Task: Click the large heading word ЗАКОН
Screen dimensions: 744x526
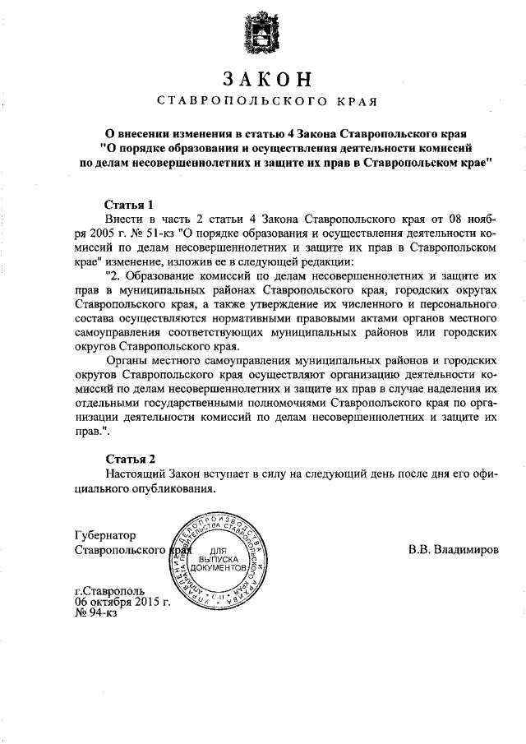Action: click(267, 80)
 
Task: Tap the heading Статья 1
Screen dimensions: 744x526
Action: click(131, 203)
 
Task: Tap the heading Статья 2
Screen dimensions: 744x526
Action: click(131, 458)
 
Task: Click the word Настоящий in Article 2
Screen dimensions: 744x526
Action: click(136, 473)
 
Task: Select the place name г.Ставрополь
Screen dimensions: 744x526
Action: click(108, 592)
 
